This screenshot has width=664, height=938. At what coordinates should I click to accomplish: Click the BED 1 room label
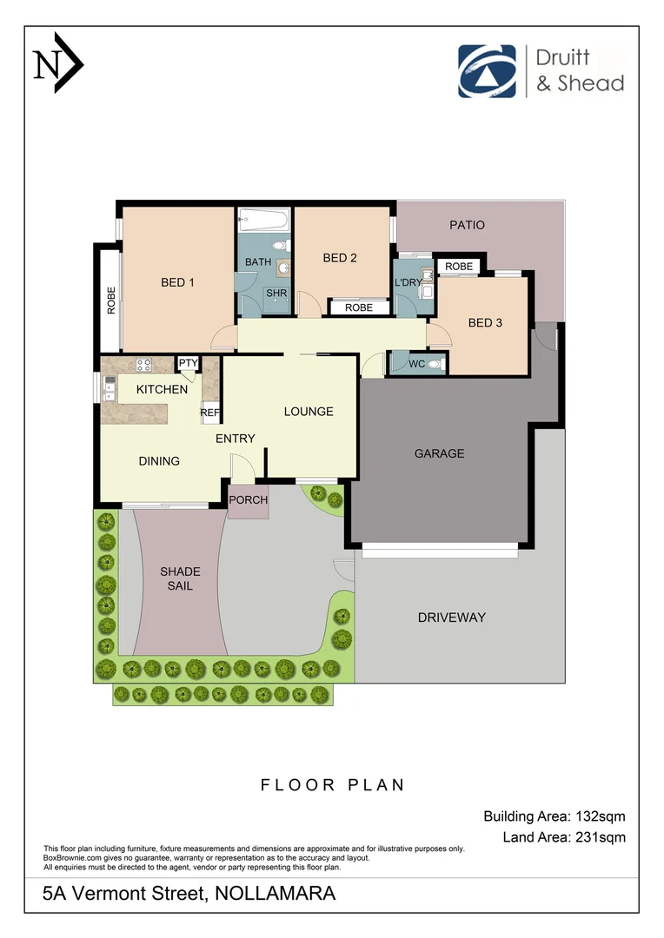tap(177, 281)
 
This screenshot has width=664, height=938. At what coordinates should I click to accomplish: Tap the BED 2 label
tap(340, 257)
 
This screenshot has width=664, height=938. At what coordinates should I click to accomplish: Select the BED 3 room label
tap(485, 322)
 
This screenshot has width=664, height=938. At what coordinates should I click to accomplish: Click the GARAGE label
tap(439, 452)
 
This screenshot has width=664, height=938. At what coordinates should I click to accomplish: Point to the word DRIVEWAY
tap(451, 618)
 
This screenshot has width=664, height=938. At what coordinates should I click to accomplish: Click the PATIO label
tap(467, 225)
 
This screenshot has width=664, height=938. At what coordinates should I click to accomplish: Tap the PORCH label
tap(249, 500)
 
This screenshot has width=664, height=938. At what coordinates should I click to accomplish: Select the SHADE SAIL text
tap(180, 578)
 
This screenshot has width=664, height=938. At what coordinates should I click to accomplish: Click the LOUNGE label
tap(309, 411)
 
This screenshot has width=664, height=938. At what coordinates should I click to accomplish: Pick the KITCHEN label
tap(162, 389)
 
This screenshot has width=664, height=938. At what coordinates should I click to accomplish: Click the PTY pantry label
tap(188, 363)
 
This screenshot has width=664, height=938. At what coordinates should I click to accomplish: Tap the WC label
tap(417, 364)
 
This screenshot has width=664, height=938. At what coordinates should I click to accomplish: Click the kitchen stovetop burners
tap(144, 365)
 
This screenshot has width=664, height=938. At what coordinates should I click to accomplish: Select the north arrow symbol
tap(57, 63)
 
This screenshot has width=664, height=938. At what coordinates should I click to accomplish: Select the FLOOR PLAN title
tap(333, 784)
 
